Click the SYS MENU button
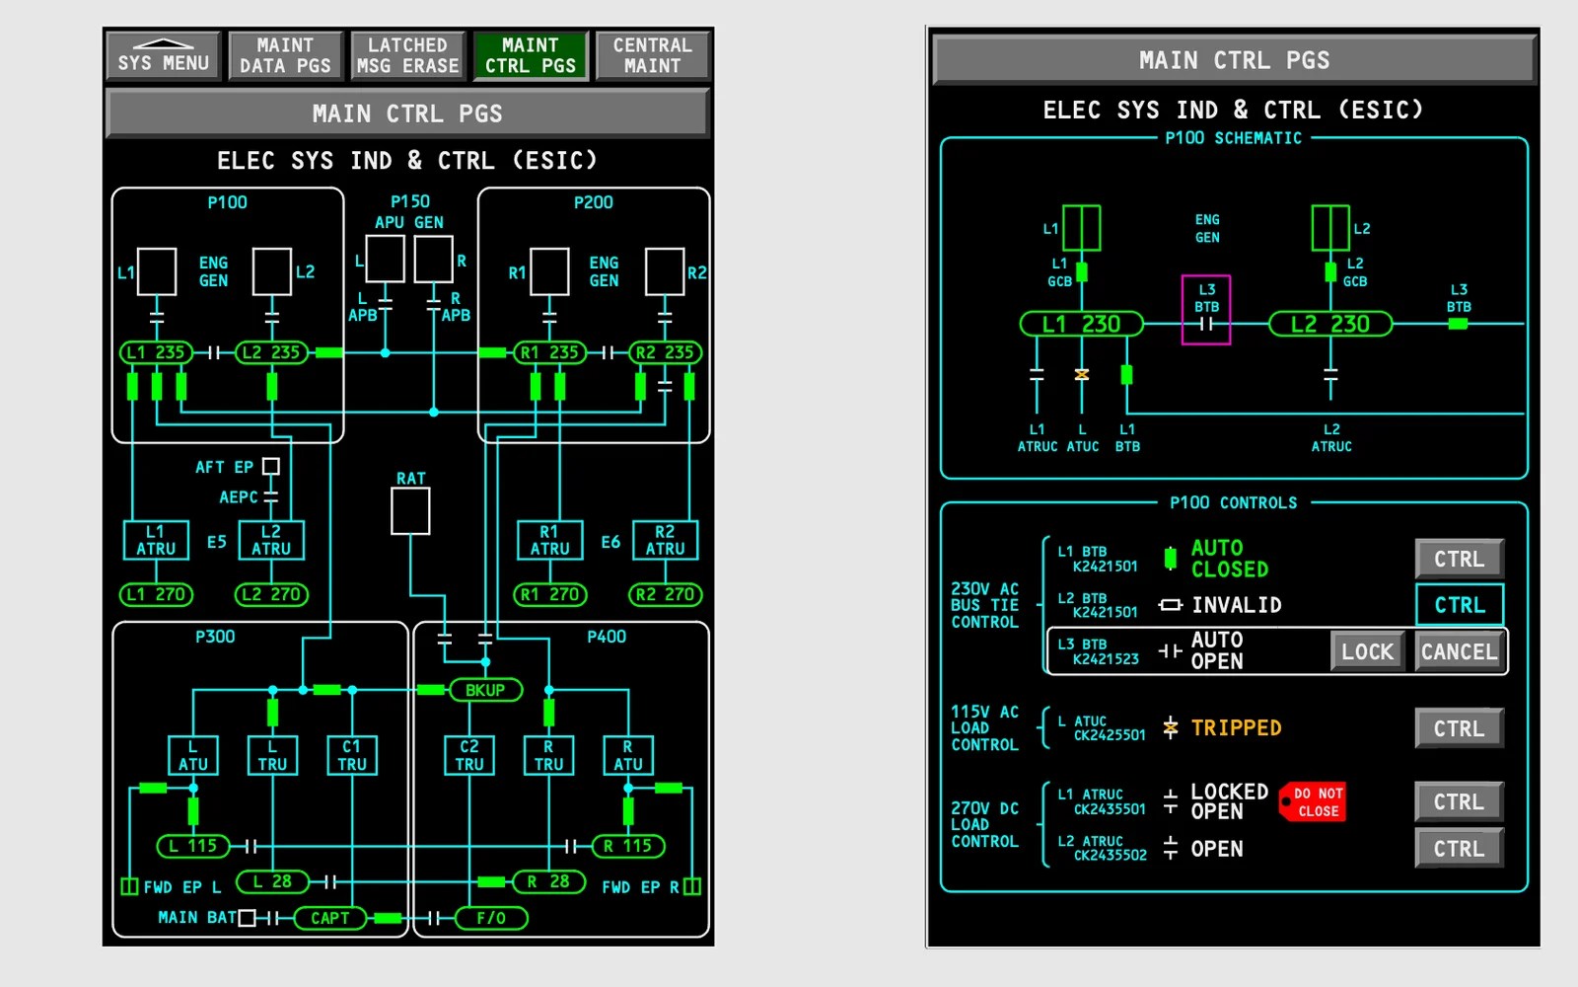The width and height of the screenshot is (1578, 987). pyautogui.click(x=163, y=55)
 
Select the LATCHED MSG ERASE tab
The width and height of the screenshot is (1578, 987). pyautogui.click(x=407, y=55)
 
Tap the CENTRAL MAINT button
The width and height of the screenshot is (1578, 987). pyautogui.click(x=652, y=55)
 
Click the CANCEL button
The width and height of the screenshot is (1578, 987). pyautogui.click(x=1459, y=651)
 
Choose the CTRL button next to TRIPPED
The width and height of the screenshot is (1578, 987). pyautogui.click(x=1459, y=728)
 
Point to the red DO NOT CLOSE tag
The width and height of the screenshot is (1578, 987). pyautogui.click(x=1315, y=801)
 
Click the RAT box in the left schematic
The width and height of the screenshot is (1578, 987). pyautogui.click(x=410, y=511)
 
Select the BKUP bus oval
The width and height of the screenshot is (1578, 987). pyautogui.click(x=485, y=690)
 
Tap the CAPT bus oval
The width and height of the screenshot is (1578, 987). pyautogui.click(x=330, y=918)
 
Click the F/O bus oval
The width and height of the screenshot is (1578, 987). pyautogui.click(x=491, y=918)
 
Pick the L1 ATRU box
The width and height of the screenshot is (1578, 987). pyautogui.click(x=156, y=540)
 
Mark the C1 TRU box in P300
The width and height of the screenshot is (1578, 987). pyautogui.click(x=352, y=755)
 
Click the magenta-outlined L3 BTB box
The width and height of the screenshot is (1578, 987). pyautogui.click(x=1206, y=310)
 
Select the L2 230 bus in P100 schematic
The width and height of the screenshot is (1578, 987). pyautogui.click(x=1329, y=324)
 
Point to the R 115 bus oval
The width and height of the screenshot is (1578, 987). pyautogui.click(x=628, y=846)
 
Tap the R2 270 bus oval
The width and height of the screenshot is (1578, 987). pyautogui.click(x=666, y=594)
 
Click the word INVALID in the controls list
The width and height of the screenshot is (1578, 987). pyautogui.click(x=1236, y=605)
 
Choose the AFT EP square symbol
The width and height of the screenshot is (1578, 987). pyautogui.click(x=271, y=466)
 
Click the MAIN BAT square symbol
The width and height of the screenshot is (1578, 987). pyautogui.click(x=248, y=918)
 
